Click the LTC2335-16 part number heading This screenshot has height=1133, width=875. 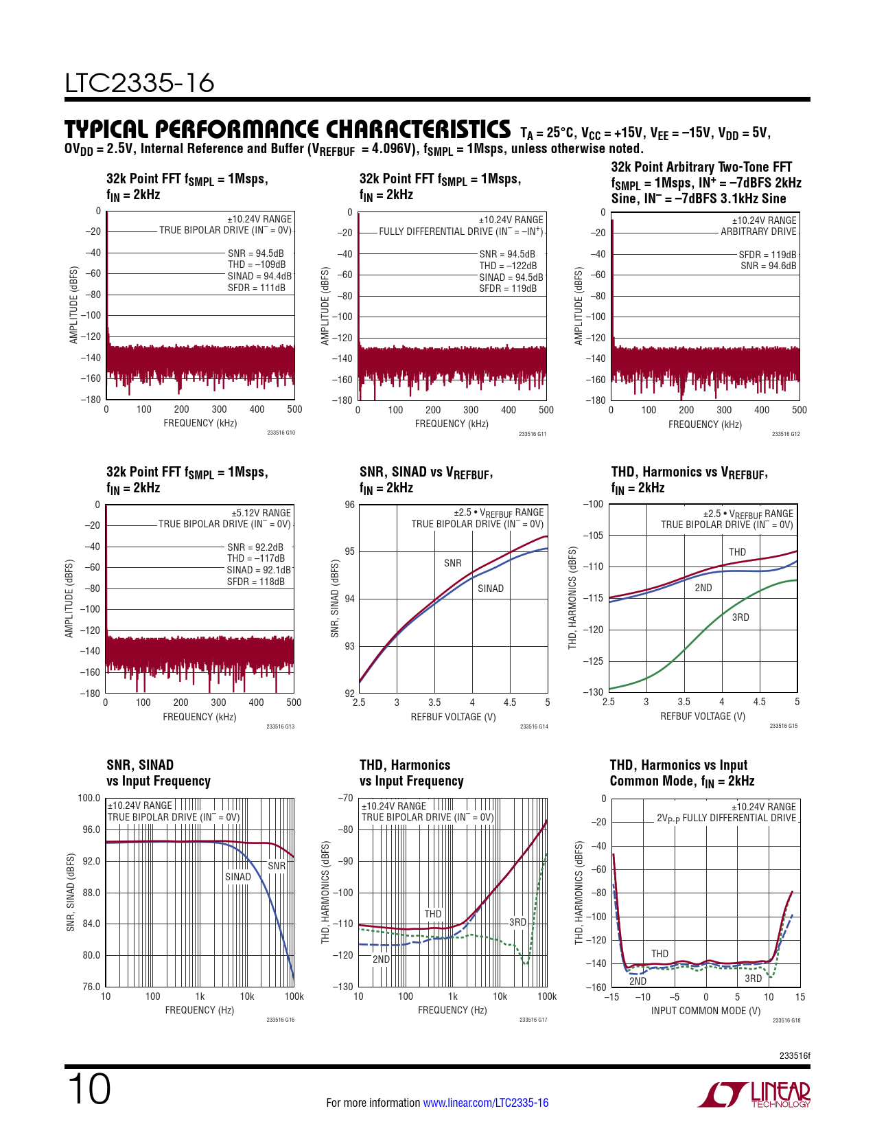[x=139, y=83]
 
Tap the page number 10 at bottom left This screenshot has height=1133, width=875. [x=89, y=1089]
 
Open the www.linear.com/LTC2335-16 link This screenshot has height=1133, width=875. [x=485, y=1103]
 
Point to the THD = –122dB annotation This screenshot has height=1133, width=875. [x=508, y=266]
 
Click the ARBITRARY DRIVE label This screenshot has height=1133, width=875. [x=758, y=232]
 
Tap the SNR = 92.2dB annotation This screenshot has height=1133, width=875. [x=255, y=547]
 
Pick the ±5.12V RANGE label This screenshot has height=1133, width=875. [x=261, y=513]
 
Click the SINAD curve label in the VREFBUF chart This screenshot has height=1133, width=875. [x=491, y=588]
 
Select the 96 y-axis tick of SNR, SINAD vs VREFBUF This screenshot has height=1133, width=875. [x=350, y=505]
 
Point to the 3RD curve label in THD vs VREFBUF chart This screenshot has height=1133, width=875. [x=740, y=617]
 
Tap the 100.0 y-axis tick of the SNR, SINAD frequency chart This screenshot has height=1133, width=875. [x=89, y=798]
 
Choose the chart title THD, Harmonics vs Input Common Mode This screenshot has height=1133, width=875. [x=681, y=773]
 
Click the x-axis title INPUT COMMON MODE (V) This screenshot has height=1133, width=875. [x=705, y=1011]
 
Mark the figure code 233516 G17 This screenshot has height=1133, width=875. [x=533, y=1020]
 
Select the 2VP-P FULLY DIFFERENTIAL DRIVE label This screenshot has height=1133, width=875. [x=726, y=818]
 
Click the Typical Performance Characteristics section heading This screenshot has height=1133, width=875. [x=287, y=129]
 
